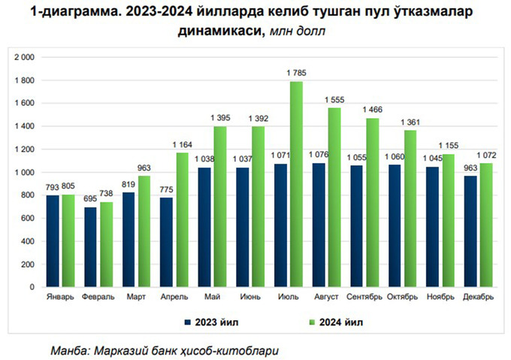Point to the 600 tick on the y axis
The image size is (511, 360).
coord(29,218)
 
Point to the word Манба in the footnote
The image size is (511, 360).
coord(69,350)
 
